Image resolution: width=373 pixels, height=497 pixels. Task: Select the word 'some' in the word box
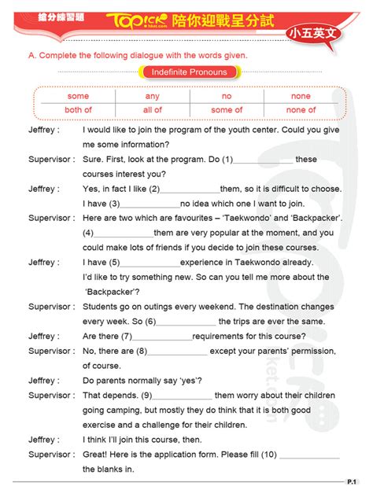(78, 96)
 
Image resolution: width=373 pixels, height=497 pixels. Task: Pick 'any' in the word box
(153, 96)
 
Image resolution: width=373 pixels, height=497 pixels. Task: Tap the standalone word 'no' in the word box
(227, 96)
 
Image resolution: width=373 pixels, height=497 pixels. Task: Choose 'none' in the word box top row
(301, 96)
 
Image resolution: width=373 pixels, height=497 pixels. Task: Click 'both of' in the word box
(78, 110)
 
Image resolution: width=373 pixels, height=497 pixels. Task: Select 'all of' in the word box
(153, 110)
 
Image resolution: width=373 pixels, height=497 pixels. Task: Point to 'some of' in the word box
(227, 110)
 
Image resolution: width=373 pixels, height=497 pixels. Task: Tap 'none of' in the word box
(301, 110)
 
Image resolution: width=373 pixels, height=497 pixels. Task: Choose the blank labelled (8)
(177, 352)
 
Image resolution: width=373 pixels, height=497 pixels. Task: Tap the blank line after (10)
(309, 457)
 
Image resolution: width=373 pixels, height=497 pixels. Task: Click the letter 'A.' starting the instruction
(32, 55)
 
